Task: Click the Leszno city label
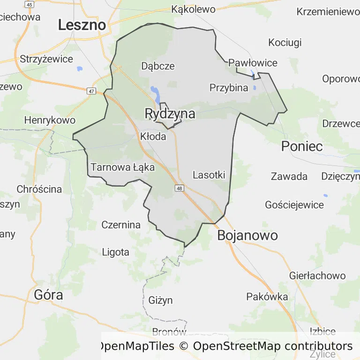[82, 25]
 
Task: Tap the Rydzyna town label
[170, 114]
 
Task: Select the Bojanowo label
[247, 235]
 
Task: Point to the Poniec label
[302, 146]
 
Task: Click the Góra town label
[48, 295]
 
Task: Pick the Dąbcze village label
[158, 66]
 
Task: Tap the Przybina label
[229, 88]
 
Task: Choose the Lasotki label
[209, 175]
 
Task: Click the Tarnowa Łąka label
[123, 167]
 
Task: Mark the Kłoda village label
[153, 136]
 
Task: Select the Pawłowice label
[253, 63]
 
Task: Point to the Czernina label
[121, 225]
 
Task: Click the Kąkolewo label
[193, 9]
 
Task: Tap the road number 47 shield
[91, 91]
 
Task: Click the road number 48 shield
[180, 188]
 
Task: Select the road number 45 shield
[30, 4]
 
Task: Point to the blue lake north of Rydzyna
[154, 90]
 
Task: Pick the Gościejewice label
[294, 205]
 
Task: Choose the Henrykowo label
[50, 120]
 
